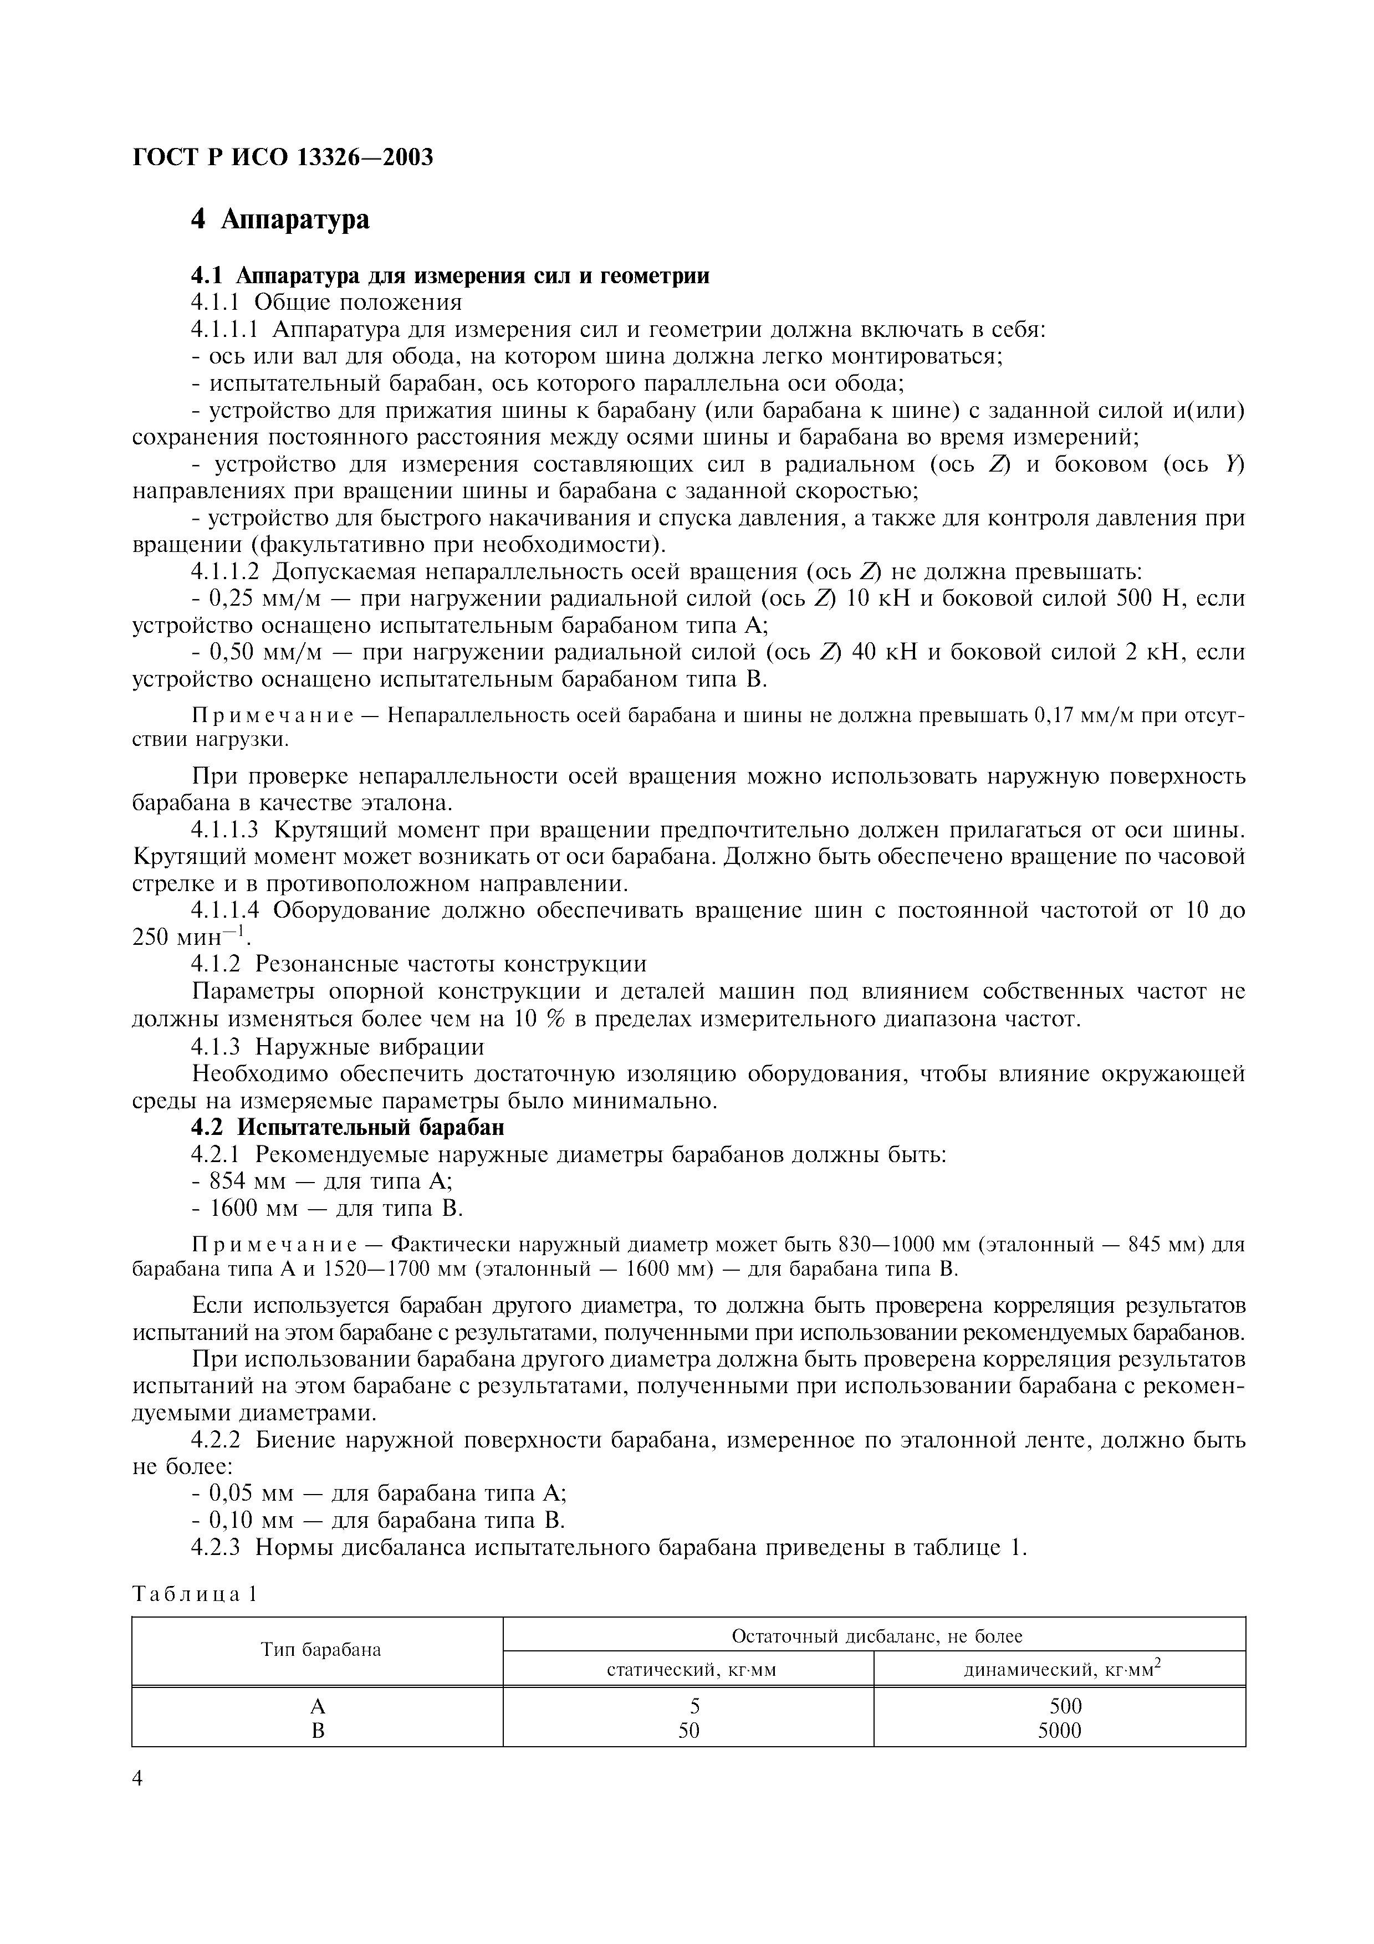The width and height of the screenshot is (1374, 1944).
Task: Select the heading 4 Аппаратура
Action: pos(280,219)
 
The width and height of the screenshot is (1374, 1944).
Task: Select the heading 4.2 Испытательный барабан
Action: pos(347,1128)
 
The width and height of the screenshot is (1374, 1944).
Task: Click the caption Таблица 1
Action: pos(194,1594)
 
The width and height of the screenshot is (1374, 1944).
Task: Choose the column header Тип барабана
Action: pos(320,1649)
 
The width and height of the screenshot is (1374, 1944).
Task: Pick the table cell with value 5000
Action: pos(1060,1731)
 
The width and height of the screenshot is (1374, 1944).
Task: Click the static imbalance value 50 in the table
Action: pos(689,1731)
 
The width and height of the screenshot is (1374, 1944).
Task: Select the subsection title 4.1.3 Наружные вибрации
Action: pos(338,1047)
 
